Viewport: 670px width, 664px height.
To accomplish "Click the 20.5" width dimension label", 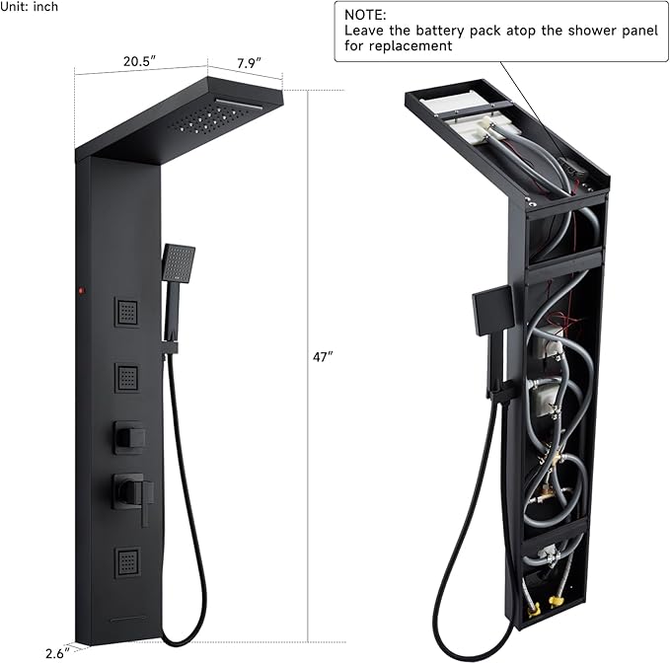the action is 140,61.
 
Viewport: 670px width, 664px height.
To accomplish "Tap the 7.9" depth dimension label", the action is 249,63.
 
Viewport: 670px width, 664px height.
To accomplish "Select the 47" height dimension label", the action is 323,357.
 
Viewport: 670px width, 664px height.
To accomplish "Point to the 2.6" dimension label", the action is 57,654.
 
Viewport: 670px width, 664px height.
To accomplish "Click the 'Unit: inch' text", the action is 29,6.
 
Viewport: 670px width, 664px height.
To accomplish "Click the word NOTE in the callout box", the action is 365,15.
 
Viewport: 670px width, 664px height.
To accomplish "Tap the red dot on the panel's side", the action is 82,291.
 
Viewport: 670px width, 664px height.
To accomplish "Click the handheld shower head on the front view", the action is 179,262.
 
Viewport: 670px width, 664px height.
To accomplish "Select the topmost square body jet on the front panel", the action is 127,312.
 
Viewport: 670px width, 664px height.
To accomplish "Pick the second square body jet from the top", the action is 127,378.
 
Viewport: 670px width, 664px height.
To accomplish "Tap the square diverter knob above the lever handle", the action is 129,437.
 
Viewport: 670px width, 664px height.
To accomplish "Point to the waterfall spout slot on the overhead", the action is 239,104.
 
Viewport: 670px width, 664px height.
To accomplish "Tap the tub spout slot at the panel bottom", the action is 127,618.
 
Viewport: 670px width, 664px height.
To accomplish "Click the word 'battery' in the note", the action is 440,31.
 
